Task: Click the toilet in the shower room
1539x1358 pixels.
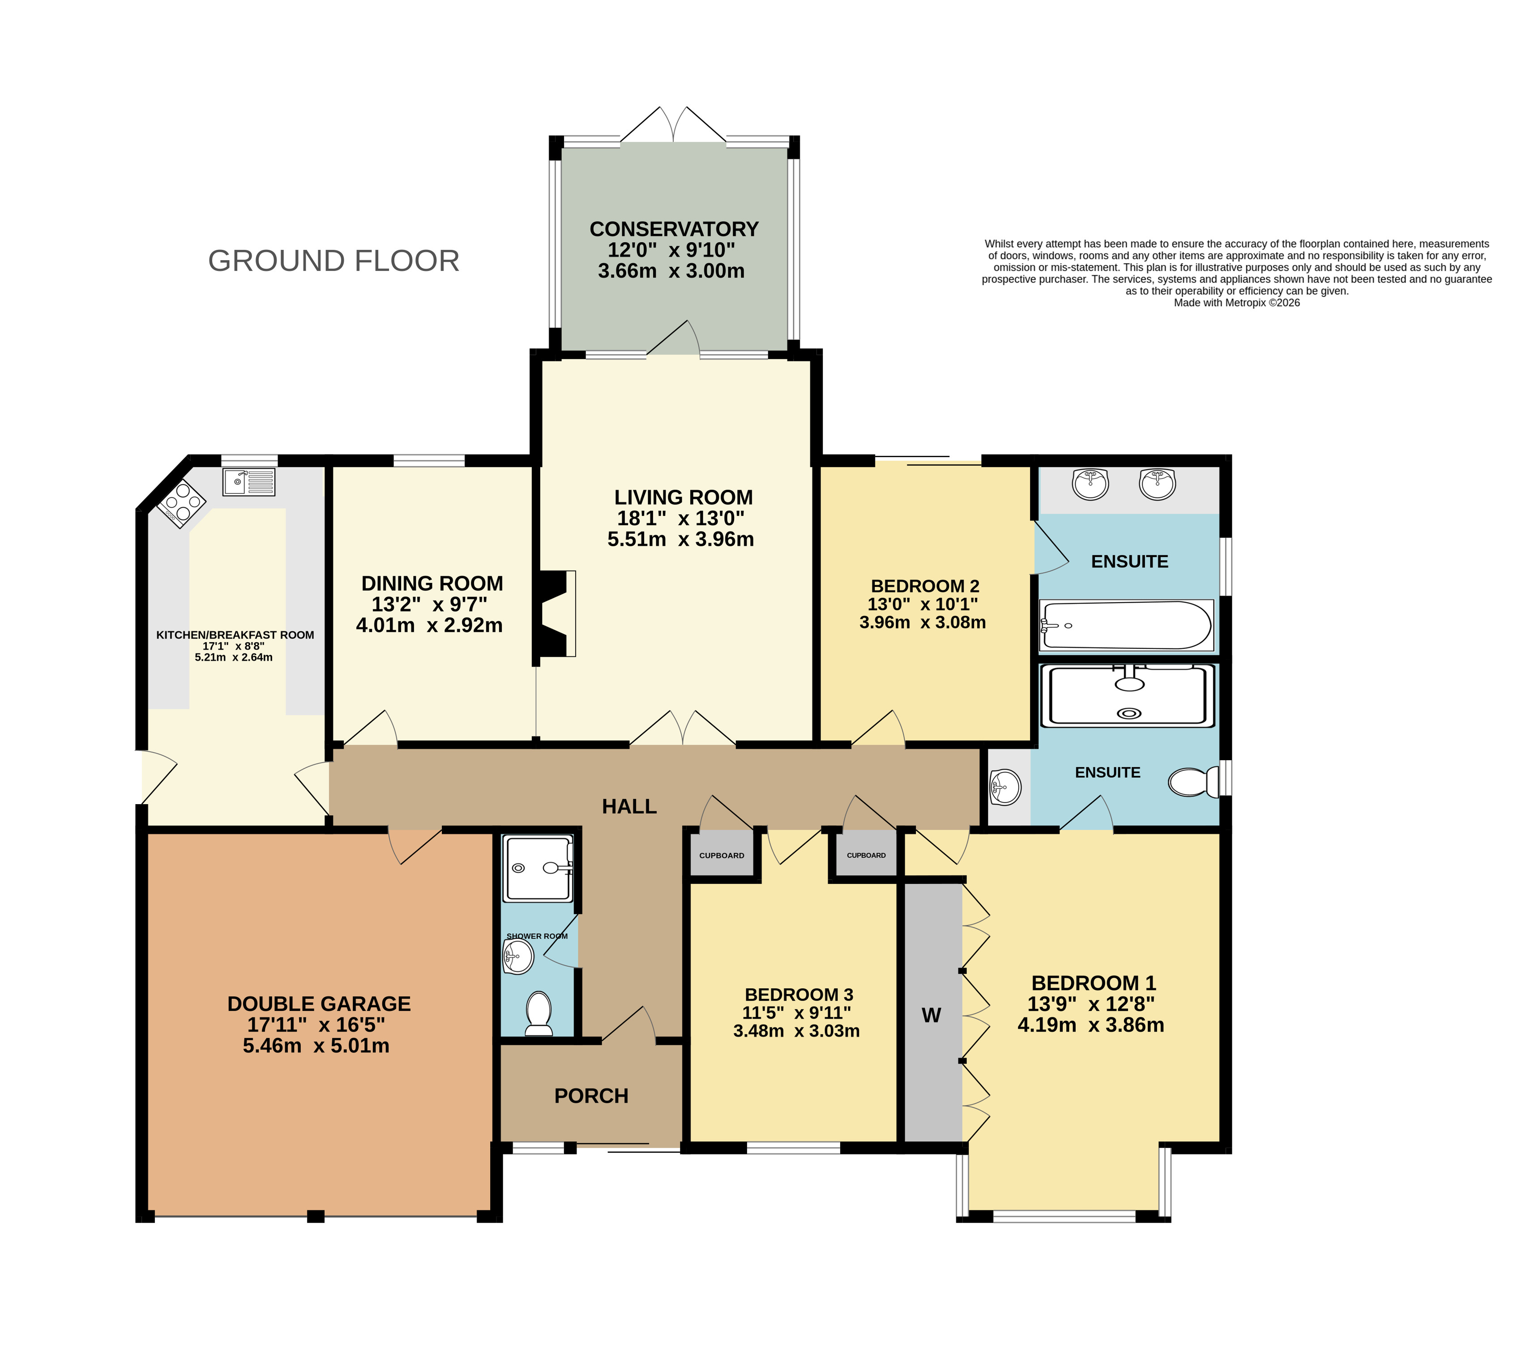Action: click(x=539, y=1013)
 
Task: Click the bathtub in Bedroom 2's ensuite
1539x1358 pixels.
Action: click(x=1126, y=625)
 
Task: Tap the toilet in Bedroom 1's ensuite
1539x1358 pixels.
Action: click(x=1193, y=782)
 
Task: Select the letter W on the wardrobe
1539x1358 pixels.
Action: click(x=932, y=1015)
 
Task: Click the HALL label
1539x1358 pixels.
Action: click(x=629, y=807)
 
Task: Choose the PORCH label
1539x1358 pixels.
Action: click(x=591, y=1096)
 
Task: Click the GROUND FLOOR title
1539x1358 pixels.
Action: click(x=333, y=261)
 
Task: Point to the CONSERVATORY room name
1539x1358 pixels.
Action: click(x=674, y=229)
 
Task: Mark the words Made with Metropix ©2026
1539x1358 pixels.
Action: click(x=1237, y=303)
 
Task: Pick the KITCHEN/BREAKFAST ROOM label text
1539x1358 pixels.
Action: click(x=235, y=635)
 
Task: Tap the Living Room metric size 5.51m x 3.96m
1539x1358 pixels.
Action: click(x=681, y=539)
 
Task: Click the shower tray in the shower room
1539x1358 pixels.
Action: click(x=539, y=869)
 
